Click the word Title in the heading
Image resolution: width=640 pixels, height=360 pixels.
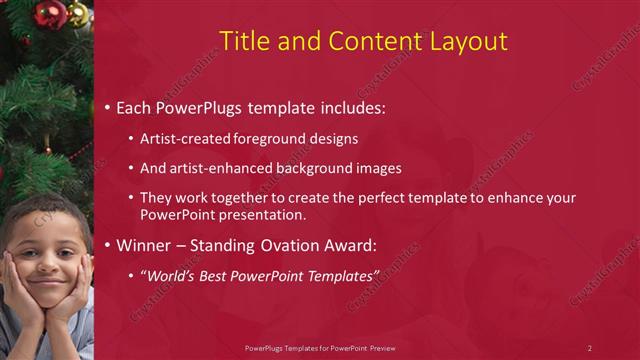coord(242,41)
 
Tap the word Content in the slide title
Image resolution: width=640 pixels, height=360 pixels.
coord(363,41)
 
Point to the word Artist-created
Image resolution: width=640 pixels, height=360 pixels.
coord(186,138)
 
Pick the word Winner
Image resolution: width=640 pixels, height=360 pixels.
coord(147,245)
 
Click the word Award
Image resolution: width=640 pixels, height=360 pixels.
coord(343,245)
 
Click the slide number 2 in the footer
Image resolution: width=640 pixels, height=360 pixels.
coord(589,348)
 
